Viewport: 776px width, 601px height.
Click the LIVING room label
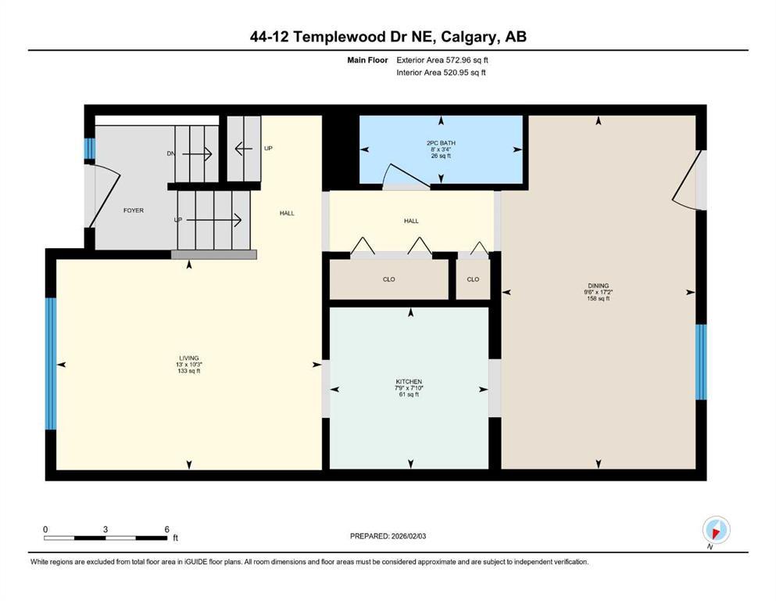(189, 358)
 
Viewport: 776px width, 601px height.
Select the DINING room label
(599, 286)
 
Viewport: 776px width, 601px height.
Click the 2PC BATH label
(441, 143)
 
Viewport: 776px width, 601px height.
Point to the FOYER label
(134, 211)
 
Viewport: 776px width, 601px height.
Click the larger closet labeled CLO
(389, 279)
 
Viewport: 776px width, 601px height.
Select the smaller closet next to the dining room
(473, 279)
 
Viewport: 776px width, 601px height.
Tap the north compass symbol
(716, 530)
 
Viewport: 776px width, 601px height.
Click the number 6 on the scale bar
(166, 529)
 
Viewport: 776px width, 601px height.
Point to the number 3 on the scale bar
(105, 529)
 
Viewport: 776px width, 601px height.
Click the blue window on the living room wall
(51, 364)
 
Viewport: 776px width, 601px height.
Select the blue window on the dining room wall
(701, 362)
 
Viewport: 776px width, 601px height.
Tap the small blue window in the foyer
(89, 149)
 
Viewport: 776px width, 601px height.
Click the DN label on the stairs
(171, 154)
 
